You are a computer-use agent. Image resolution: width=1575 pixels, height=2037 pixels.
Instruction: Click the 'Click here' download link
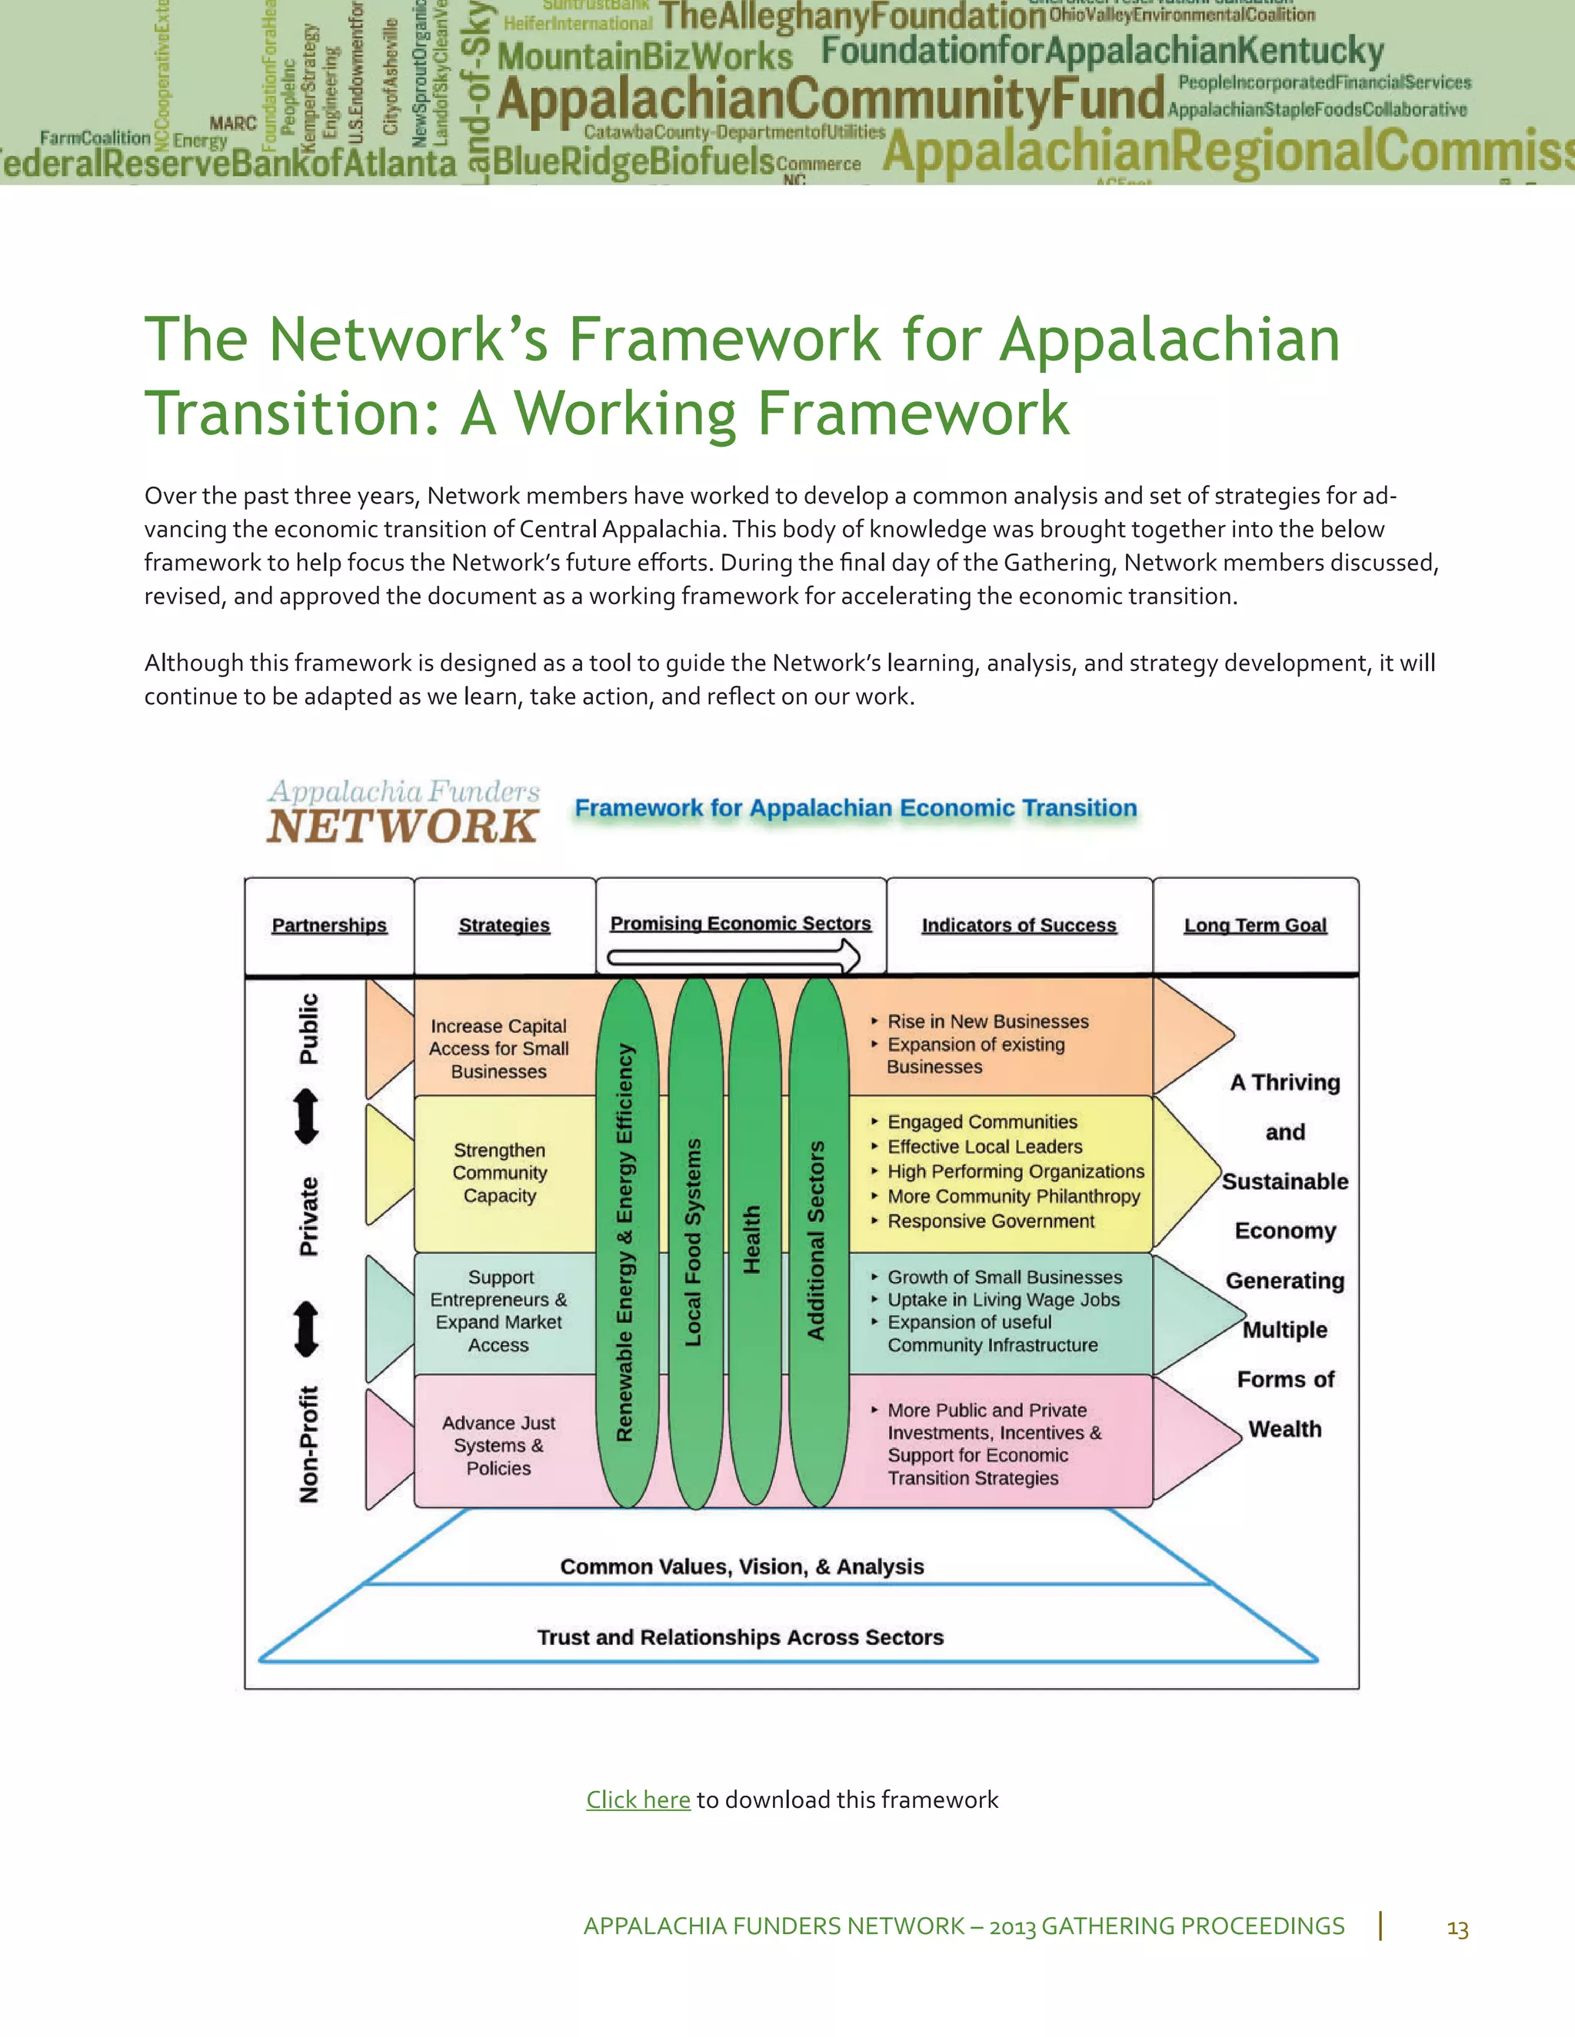[638, 1800]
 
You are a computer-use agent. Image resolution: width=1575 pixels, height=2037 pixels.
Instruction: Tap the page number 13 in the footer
[1457, 1928]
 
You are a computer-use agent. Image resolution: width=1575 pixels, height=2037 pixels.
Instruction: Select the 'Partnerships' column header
[329, 925]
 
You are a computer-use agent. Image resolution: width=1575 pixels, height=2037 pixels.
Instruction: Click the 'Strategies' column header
[504, 925]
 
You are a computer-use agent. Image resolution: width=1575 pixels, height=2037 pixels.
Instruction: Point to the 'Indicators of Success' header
[1019, 925]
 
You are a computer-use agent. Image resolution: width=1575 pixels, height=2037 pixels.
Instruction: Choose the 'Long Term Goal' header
[1255, 925]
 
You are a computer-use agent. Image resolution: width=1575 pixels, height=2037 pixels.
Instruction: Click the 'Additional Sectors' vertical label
[817, 1241]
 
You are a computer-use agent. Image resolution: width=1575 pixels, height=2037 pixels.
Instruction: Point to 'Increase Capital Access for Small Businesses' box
[499, 1048]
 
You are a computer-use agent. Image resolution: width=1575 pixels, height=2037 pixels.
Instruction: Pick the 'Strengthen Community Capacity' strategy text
[500, 1173]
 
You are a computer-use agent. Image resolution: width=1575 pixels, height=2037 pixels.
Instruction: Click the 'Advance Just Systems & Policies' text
[499, 1445]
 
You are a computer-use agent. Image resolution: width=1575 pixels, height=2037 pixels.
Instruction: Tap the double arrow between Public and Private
[307, 1118]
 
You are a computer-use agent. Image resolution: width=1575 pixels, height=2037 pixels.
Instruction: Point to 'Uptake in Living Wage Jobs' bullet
[1003, 1299]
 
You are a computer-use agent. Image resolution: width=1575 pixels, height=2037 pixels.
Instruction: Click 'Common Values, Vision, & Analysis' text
[742, 1567]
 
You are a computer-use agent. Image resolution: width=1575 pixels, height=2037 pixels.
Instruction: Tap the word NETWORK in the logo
[402, 826]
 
